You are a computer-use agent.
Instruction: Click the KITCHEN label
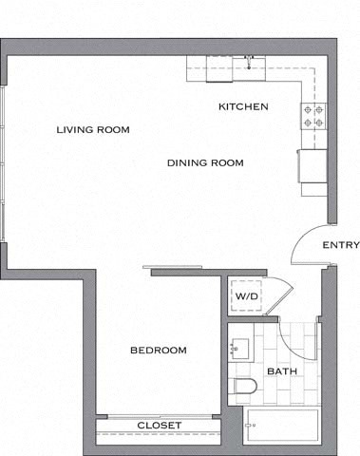(243, 106)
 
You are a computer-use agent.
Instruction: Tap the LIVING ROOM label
(92, 129)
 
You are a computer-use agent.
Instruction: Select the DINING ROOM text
(205, 162)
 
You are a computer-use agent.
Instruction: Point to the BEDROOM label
(158, 351)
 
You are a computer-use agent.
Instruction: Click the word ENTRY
(340, 245)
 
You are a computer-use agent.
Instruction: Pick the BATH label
(281, 370)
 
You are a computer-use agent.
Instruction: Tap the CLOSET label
(159, 425)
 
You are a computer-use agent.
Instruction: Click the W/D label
(246, 295)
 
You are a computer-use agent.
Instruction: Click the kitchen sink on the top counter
(251, 64)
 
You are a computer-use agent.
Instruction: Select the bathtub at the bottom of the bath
(283, 429)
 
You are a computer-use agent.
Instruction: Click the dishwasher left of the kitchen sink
(221, 64)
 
